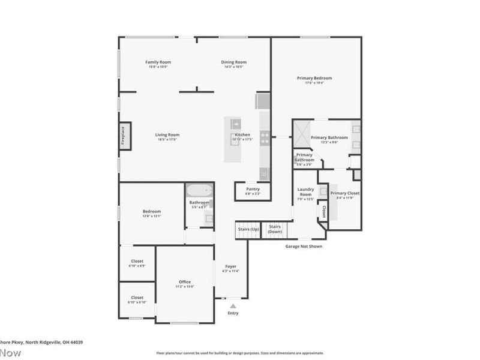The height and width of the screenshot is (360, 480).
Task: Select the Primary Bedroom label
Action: tap(314, 78)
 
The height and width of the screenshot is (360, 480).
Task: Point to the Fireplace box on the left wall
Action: tap(124, 135)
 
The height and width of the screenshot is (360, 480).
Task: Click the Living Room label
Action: tap(168, 135)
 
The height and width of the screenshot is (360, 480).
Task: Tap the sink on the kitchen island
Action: tap(236, 125)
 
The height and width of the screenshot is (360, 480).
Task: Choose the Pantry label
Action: tap(253, 189)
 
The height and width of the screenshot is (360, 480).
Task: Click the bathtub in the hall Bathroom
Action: tap(199, 191)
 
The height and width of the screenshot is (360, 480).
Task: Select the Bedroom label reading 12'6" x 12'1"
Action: tap(151, 211)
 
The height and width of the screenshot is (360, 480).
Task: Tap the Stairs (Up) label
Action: tap(248, 229)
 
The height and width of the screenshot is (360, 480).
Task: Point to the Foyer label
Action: tap(230, 266)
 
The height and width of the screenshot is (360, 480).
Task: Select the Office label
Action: tap(185, 282)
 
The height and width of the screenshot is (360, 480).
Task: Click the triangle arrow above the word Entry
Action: tap(233, 305)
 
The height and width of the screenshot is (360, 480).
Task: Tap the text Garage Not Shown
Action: tap(304, 246)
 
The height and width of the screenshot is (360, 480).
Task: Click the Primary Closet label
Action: tap(345, 193)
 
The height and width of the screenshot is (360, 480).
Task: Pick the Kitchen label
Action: tap(242, 135)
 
